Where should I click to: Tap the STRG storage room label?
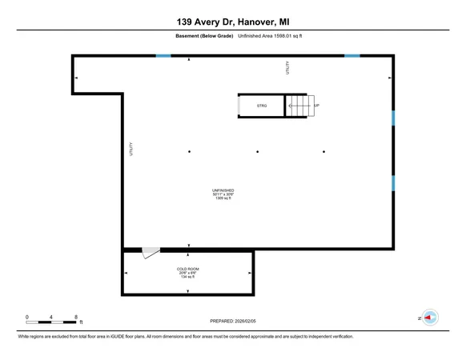pos(262,106)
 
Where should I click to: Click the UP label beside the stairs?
pos(316,106)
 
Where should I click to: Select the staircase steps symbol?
pos(297,106)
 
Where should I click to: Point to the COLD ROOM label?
pos(188,268)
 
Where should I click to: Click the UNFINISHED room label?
pos(223,190)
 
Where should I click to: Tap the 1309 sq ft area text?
pos(223,198)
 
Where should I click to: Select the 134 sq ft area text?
pos(188,277)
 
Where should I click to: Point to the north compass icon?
pos(430,318)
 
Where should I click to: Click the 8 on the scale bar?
pos(75,317)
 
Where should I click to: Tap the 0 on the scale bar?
pos(26,317)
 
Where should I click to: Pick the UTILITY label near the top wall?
pos(287,68)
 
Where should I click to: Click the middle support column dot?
pos(257,151)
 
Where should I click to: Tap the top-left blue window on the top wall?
pos(163,55)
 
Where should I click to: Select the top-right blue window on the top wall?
pos(352,55)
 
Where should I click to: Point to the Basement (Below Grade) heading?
pos(204,36)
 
